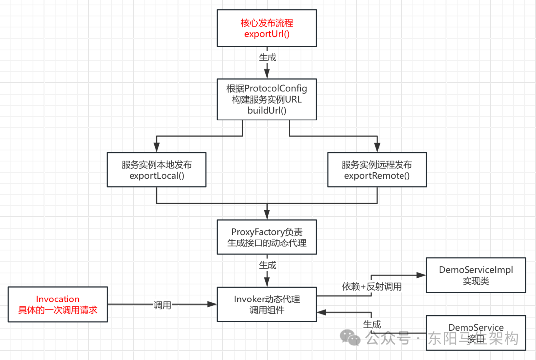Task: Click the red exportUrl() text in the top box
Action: pos(267,34)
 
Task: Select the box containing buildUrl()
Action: pos(267,99)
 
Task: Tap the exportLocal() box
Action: pos(157,170)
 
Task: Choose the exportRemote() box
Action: pos(377,170)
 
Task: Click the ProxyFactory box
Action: pos(267,237)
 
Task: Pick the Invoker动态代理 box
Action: pos(267,304)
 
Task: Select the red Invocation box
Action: pos(58,304)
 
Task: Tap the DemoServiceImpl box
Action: pos(475,275)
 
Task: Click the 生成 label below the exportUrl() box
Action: pos(268,57)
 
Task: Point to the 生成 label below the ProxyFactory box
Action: pos(268,265)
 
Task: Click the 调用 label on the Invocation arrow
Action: pos(162,305)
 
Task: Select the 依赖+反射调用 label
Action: pos(372,286)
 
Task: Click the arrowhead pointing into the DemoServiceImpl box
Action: pos(422,275)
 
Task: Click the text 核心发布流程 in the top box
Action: pos(267,23)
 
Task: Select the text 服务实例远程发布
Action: pos(377,165)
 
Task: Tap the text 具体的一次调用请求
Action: pos(58,310)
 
